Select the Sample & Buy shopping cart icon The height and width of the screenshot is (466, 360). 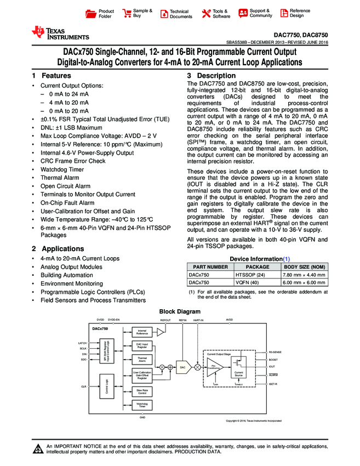[x=127, y=13]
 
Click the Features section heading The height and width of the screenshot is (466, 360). [x=52, y=76]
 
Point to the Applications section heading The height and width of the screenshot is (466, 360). [x=58, y=249]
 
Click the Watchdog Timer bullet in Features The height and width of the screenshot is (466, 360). [x=62, y=169]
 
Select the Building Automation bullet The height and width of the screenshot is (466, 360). [x=67, y=275]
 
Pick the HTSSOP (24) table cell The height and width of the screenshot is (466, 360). [x=250, y=274]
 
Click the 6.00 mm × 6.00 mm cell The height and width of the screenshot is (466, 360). [x=304, y=282]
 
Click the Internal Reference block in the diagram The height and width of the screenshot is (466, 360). [x=142, y=332]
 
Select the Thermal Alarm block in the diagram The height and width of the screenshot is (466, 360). [x=142, y=360]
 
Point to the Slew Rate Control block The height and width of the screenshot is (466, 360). [x=142, y=391]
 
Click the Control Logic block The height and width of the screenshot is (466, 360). [x=106, y=386]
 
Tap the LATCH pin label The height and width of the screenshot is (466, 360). [x=83, y=343]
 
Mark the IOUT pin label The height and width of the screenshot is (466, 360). [x=272, y=367]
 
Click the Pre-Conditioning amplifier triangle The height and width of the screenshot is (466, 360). [x=214, y=366]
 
